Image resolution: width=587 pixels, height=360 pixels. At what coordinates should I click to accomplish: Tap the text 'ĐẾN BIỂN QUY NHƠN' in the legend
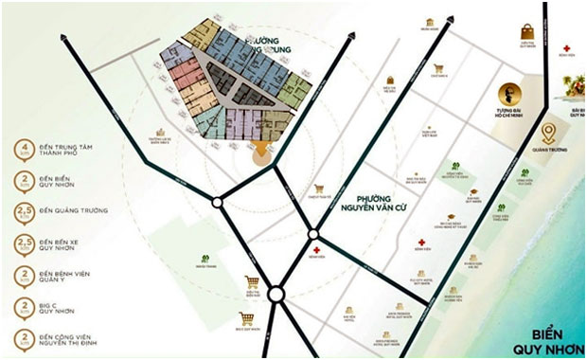(x=62, y=184)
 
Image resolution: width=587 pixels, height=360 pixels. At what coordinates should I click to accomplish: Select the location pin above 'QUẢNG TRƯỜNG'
(x=548, y=134)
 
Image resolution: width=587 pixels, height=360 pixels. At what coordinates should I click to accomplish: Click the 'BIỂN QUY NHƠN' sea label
(x=550, y=339)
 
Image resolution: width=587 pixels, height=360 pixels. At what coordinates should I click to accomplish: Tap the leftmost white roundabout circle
(x=218, y=201)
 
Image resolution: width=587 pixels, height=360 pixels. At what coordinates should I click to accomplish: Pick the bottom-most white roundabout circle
(x=276, y=296)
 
